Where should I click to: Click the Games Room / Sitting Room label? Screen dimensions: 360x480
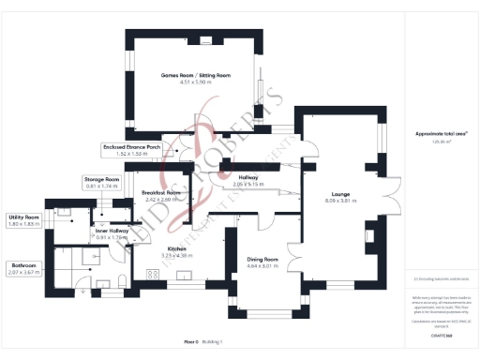pos(196,74)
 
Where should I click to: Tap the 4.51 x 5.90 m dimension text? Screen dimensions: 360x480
pos(196,82)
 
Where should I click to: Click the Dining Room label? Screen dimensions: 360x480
pos(263,259)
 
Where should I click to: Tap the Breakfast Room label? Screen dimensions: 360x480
pos(160,192)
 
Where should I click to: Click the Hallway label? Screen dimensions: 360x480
pos(248,177)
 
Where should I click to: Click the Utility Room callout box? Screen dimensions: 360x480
pos(24,219)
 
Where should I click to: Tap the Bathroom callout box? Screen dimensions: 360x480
pos(24,268)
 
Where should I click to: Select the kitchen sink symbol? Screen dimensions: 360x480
pos(184,276)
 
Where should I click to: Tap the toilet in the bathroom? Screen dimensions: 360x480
pos(123,280)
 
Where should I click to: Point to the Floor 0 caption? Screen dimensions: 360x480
pos(192,343)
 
